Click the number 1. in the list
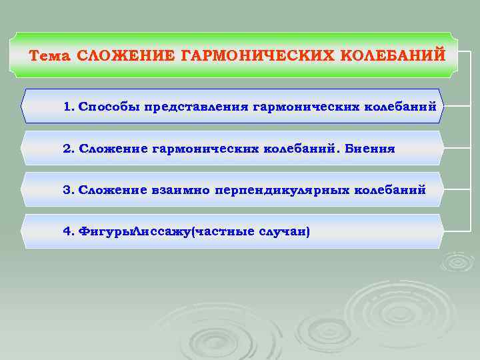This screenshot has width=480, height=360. coord(69,107)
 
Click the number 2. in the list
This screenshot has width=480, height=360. coord(69,149)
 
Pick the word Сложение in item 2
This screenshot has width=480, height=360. coord(113,149)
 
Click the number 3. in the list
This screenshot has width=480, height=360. coord(69,190)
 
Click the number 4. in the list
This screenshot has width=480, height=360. coord(69,232)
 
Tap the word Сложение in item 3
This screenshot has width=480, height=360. coord(113,190)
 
